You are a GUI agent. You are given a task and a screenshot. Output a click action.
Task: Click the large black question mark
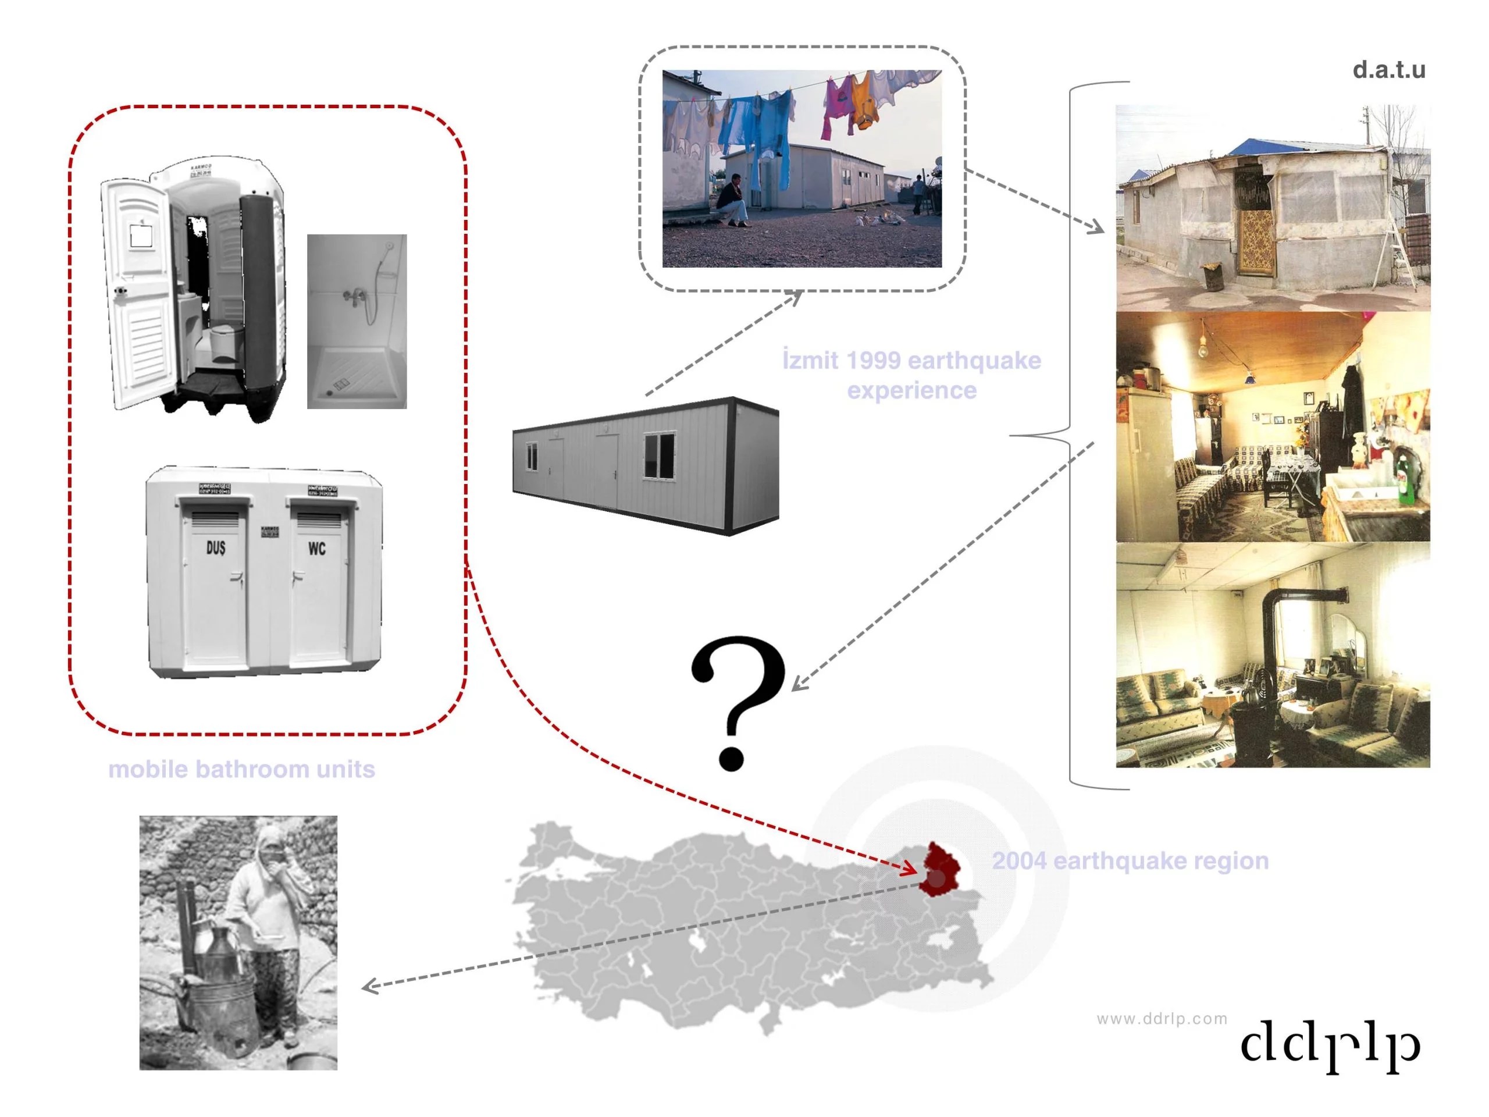(x=739, y=700)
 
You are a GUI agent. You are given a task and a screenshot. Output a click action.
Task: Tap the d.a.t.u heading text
(x=1389, y=70)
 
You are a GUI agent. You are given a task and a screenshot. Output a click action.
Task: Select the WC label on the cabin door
(x=316, y=548)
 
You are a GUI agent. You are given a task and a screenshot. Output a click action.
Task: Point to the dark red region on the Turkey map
(x=941, y=869)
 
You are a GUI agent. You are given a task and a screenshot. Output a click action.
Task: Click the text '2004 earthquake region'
(x=1130, y=860)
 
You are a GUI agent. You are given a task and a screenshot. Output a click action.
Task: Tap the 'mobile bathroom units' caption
(x=241, y=769)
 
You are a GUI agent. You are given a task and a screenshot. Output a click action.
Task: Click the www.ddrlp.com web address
(x=1162, y=1019)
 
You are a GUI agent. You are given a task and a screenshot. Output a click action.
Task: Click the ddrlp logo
(x=1330, y=1045)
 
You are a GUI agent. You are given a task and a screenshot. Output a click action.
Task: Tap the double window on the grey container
(x=659, y=456)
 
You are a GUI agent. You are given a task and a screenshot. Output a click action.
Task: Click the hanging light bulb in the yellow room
(x=1203, y=348)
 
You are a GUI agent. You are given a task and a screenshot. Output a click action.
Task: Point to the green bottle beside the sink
(x=1405, y=480)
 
